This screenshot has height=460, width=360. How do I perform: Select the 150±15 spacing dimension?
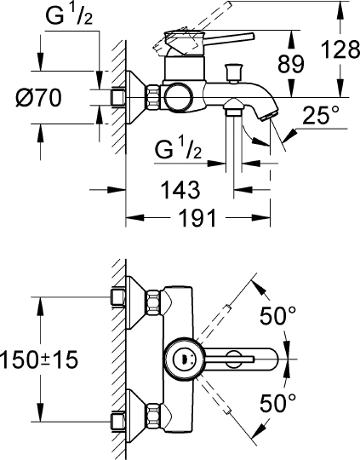pos(40,360)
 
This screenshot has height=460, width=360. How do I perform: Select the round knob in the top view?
pos(182,358)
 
